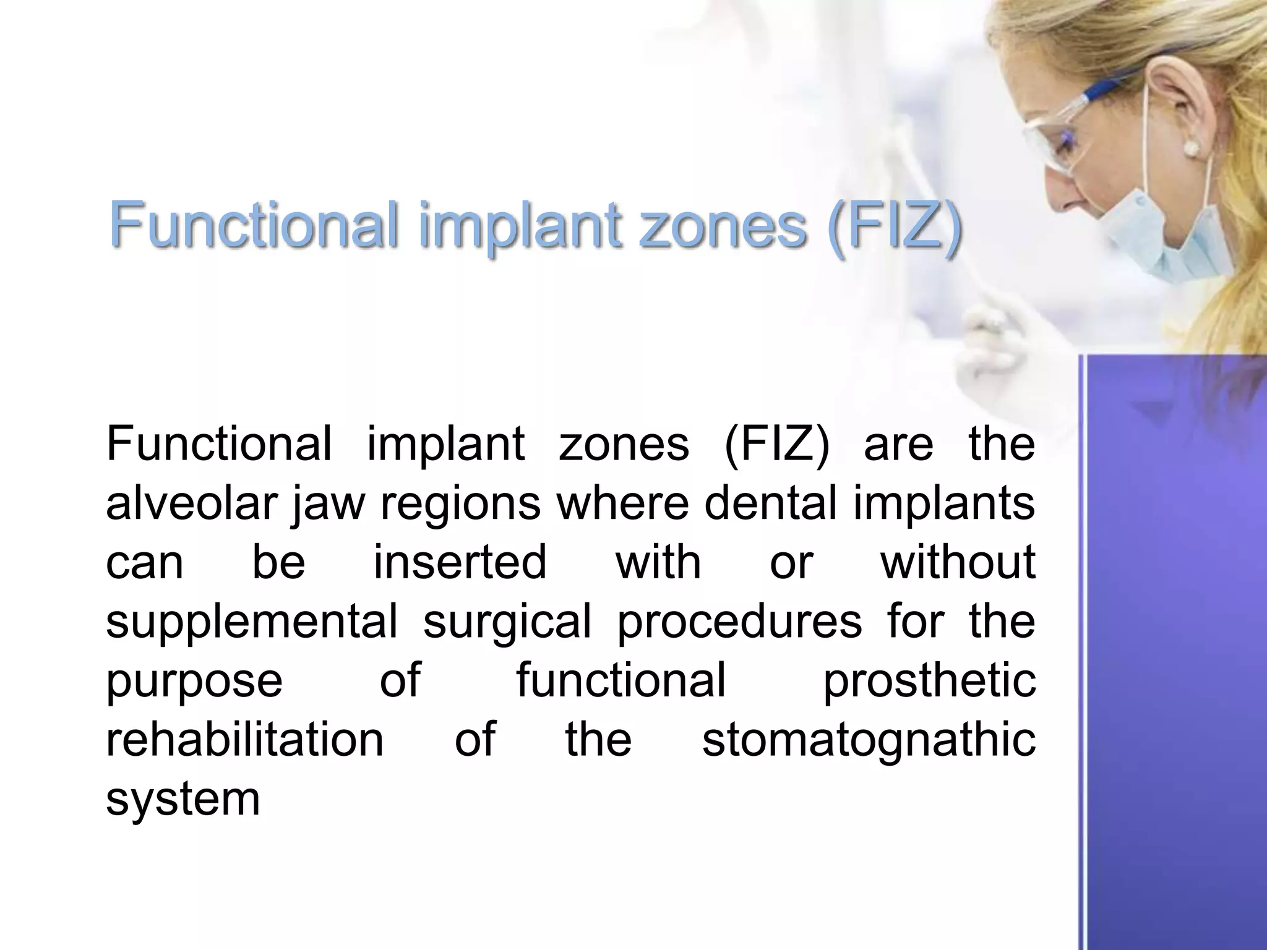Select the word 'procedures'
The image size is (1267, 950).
[x=739, y=622]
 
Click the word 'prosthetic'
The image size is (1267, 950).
[x=929, y=680]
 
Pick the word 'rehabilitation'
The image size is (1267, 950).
[x=245, y=740]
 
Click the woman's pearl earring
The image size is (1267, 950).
[x=1189, y=148]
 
